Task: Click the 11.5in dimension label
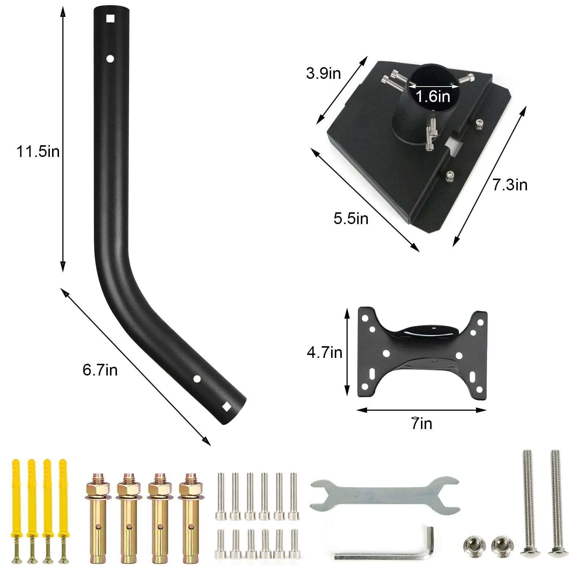coord(38,151)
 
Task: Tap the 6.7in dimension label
coord(100,370)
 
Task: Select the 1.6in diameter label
coord(433,96)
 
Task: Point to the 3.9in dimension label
coord(323,73)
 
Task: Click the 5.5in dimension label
coord(351,219)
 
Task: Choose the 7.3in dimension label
coord(510,185)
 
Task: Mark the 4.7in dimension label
coord(325,353)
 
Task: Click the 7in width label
coord(422,424)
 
